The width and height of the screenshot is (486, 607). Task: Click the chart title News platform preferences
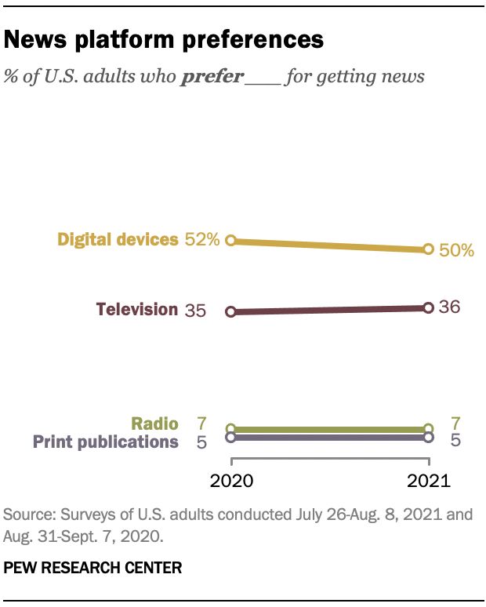pyautogui.click(x=164, y=39)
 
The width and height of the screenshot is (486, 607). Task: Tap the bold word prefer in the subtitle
pyautogui.click(x=212, y=77)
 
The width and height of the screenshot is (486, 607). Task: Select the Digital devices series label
pyautogui.click(x=118, y=239)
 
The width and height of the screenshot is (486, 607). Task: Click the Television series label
pyautogui.click(x=137, y=309)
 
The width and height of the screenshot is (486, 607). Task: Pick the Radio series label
pyautogui.click(x=154, y=423)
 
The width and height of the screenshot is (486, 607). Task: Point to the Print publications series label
pyautogui.click(x=106, y=442)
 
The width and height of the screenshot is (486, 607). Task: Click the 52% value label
pyautogui.click(x=202, y=240)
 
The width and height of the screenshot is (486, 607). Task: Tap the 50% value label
pyautogui.click(x=455, y=251)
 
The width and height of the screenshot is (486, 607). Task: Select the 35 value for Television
pyautogui.click(x=195, y=311)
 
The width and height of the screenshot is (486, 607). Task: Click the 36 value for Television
pyautogui.click(x=449, y=307)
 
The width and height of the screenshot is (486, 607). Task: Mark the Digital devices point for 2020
pyautogui.click(x=230, y=241)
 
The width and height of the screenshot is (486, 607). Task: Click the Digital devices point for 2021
pyautogui.click(x=428, y=249)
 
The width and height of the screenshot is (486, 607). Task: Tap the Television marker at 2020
pyautogui.click(x=230, y=311)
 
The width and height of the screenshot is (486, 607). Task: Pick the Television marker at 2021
pyautogui.click(x=428, y=308)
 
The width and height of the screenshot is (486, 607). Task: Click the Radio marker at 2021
pyautogui.click(x=428, y=429)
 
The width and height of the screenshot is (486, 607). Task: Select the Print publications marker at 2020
pyautogui.click(x=230, y=438)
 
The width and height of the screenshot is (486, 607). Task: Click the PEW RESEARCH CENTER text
pyautogui.click(x=93, y=568)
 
